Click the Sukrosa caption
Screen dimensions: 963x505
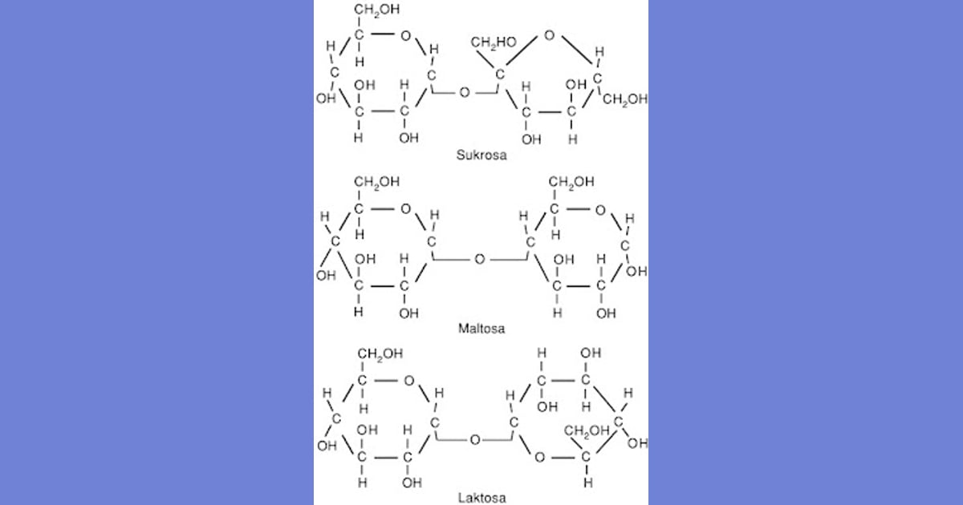coord(481,155)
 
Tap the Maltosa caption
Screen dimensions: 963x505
coord(481,329)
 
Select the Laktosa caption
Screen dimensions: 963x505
coord(481,498)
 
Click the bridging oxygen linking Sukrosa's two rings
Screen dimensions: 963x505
coord(465,92)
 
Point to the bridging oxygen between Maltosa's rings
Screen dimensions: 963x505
coord(480,259)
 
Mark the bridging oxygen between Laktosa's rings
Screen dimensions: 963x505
coord(475,440)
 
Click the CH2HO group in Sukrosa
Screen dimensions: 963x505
coord(494,42)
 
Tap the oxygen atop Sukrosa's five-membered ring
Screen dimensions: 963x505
coord(549,35)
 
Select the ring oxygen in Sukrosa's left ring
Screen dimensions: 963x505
coord(405,35)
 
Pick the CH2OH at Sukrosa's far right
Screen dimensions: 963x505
coord(625,99)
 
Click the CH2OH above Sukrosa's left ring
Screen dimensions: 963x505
coord(377,10)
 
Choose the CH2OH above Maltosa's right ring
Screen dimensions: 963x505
coord(571,182)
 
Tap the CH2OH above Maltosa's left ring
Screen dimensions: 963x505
coord(377,182)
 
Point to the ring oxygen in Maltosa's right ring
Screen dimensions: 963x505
coord(600,209)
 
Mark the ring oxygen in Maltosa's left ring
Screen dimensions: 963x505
coord(405,209)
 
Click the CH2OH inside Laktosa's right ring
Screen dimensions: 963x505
coord(587,430)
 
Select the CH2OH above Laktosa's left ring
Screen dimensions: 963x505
coord(380,353)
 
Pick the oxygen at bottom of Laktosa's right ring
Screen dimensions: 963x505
coord(539,458)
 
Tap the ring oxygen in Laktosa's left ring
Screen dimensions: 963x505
coord(408,381)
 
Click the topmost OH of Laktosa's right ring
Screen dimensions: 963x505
coord(591,353)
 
